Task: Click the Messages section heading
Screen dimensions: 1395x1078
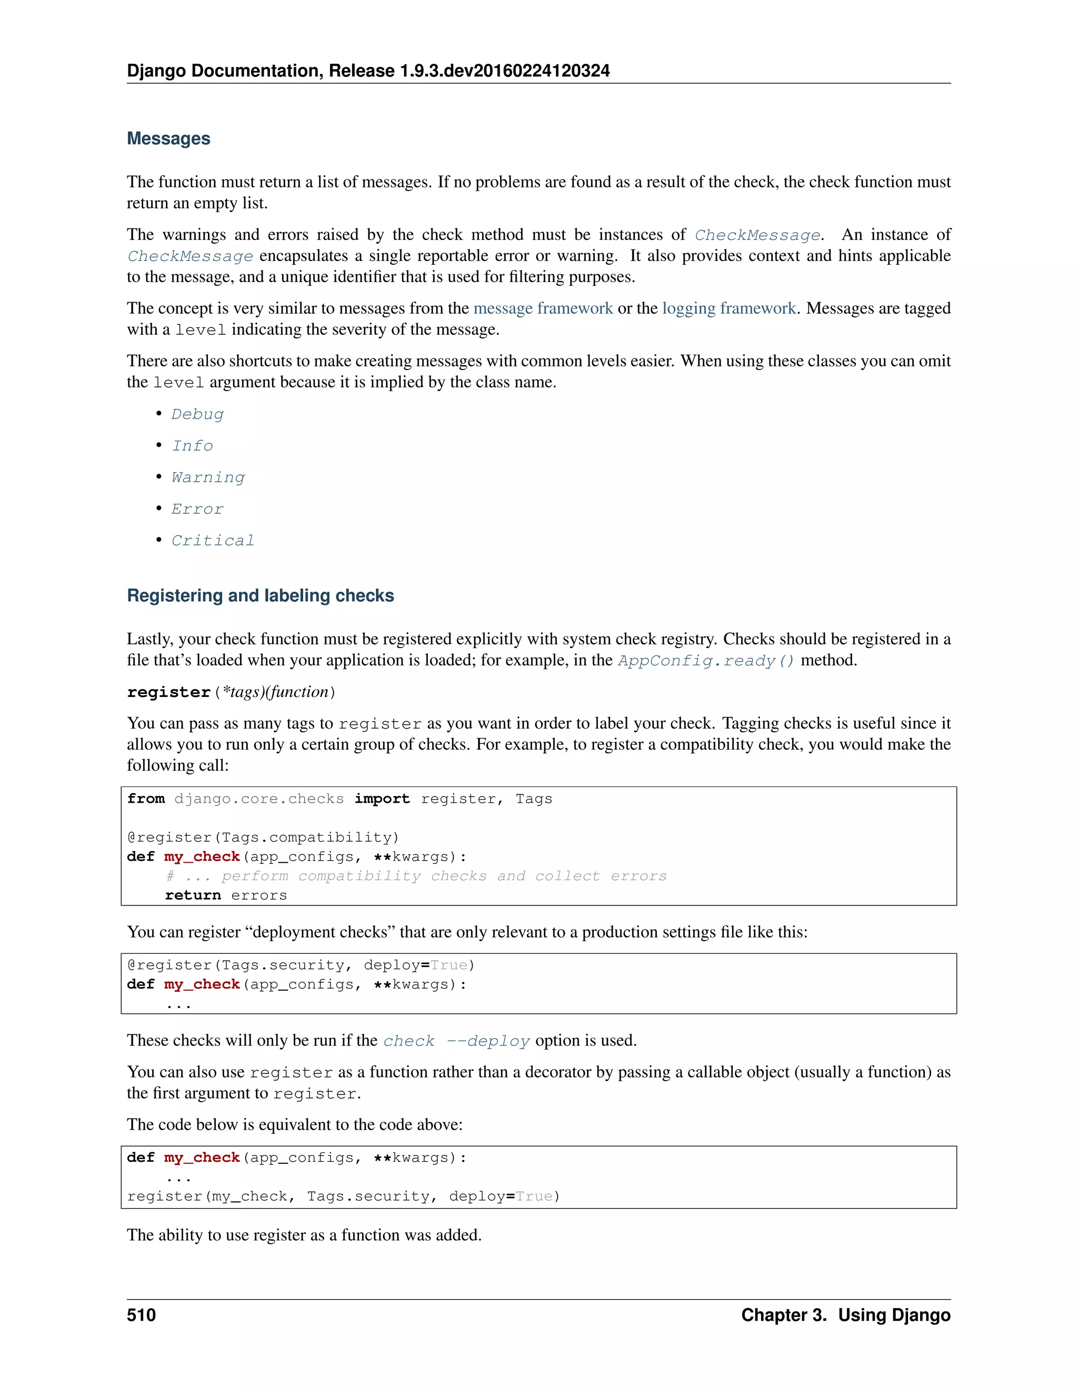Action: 168,138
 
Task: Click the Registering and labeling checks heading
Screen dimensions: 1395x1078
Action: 261,595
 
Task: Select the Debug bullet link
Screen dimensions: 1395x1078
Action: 198,414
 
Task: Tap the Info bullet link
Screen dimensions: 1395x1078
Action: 192,446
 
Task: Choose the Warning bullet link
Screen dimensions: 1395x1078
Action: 208,478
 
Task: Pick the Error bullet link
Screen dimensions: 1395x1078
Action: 197,509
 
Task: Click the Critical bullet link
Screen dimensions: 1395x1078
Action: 213,541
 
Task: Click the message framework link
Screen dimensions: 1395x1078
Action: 543,308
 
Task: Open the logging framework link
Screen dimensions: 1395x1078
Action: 728,308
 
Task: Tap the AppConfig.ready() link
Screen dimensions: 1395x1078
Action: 706,661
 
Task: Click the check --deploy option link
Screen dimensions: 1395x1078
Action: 456,1041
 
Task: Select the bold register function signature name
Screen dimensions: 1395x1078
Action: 168,692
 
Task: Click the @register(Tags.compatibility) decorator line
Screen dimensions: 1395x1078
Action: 263,838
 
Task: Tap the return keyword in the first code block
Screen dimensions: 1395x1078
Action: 193,895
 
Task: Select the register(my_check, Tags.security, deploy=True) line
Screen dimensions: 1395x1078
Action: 344,1197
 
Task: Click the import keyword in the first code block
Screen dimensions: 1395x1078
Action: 382,799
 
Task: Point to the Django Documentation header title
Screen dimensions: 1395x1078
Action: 368,71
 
